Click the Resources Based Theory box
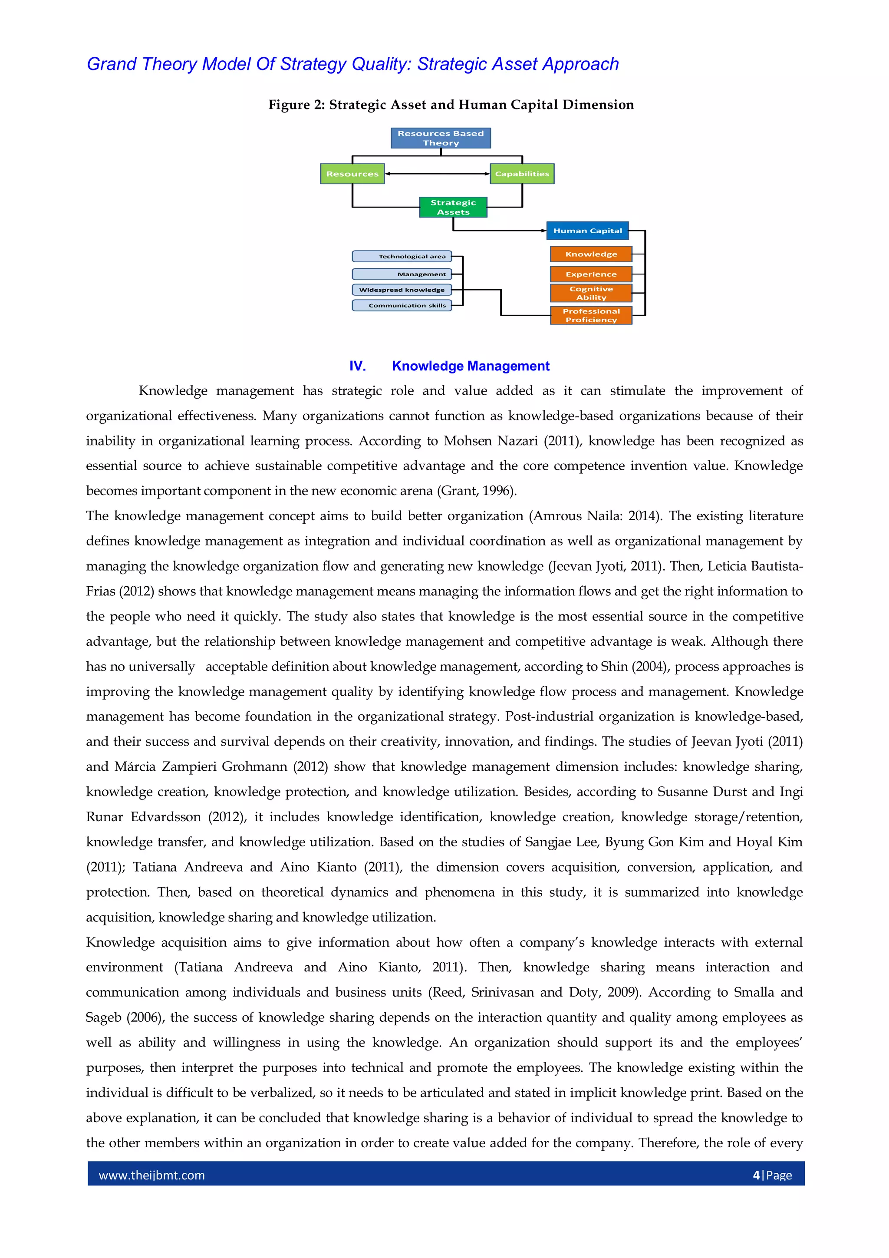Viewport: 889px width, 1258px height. click(441, 138)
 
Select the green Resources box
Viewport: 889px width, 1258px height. click(352, 174)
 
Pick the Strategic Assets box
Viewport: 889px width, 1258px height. click(453, 207)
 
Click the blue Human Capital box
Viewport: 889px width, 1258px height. click(587, 231)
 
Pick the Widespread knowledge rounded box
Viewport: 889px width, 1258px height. click(402, 290)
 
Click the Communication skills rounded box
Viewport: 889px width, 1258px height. click(402, 306)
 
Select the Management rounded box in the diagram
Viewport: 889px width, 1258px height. click(402, 274)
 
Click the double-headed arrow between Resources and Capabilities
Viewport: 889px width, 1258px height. click(437, 174)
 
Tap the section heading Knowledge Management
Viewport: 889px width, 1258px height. click(471, 366)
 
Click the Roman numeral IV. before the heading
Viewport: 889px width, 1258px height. click(358, 366)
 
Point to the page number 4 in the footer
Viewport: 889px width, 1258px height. click(757, 1175)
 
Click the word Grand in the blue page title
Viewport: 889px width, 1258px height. click(112, 64)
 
